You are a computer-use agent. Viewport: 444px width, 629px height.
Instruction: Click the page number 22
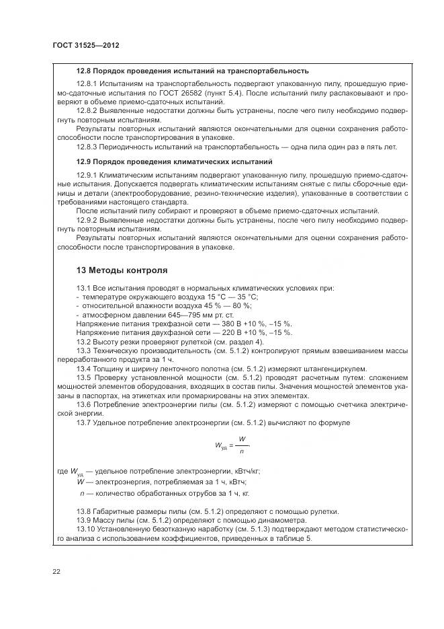pyautogui.click(x=56, y=570)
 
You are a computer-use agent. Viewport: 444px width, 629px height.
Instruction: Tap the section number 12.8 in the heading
pyautogui.click(x=85, y=70)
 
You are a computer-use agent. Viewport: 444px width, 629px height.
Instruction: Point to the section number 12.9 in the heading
pyautogui.click(x=85, y=162)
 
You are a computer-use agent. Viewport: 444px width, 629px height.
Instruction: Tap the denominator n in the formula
pyautogui.click(x=242, y=450)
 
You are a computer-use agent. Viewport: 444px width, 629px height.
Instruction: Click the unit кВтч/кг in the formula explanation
pyautogui.click(x=245, y=472)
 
